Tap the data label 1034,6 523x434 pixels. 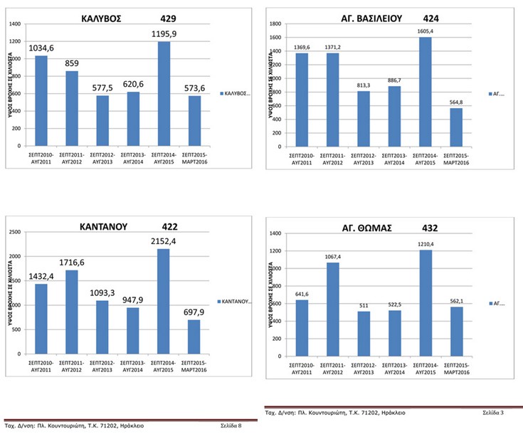tap(41, 48)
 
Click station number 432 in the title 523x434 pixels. tap(429, 228)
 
